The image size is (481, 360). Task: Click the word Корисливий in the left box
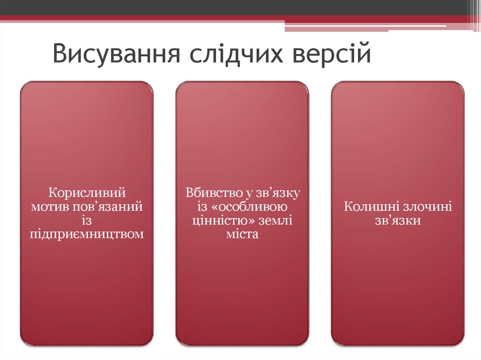87,192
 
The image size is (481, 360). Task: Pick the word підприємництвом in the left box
87,233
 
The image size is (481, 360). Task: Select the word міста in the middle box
242,233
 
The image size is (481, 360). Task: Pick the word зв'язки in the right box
397,220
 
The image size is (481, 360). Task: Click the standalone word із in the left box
87,220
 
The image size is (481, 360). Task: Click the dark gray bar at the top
235,7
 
